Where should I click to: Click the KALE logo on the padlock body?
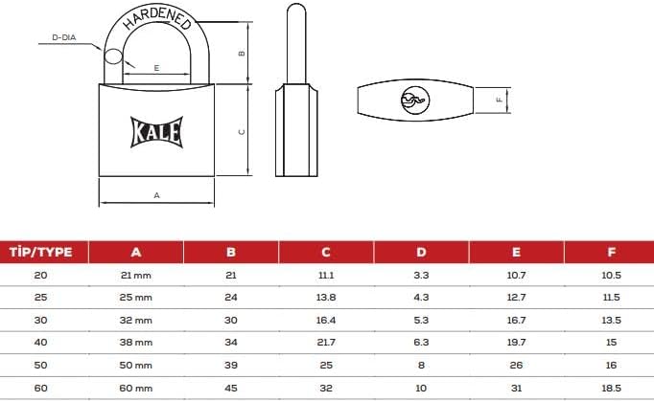coord(157,132)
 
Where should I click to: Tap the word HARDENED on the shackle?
coord(157,18)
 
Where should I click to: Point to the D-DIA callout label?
coord(64,37)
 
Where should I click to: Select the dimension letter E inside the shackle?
coord(156,68)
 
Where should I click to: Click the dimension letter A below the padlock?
coord(157,195)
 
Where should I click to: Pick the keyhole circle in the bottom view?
coord(415,100)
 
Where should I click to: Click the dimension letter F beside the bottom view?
coord(500,100)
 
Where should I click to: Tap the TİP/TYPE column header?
coord(41,252)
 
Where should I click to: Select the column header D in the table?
coord(421,252)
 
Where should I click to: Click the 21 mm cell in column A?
coord(135,276)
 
